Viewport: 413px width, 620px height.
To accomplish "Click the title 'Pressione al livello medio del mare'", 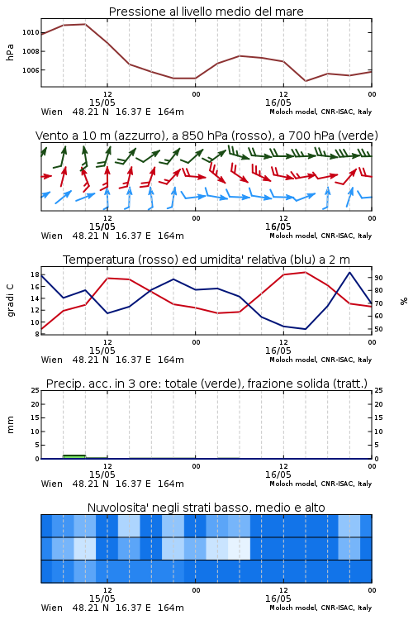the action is (206, 12).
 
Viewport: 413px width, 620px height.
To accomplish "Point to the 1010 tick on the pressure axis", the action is (31, 32).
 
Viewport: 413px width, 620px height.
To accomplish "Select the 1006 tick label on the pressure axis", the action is (31, 70).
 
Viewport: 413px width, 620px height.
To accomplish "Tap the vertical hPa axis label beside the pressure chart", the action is (10, 52).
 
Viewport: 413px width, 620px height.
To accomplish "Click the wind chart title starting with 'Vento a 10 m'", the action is (206, 136).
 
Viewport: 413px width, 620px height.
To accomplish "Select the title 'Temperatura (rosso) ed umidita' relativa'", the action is (206, 260).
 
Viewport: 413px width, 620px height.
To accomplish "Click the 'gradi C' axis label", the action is (11, 300).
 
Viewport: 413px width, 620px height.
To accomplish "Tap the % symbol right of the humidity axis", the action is (404, 301).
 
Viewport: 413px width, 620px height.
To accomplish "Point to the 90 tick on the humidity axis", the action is (378, 278).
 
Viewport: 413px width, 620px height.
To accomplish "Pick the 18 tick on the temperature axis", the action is (35, 274).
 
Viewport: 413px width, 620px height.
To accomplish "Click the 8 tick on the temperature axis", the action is (36, 334).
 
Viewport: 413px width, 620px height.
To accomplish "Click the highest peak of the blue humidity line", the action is (349, 272).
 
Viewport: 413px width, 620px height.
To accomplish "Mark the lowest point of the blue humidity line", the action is (305, 329).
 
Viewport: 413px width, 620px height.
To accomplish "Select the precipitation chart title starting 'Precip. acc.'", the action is (206, 384).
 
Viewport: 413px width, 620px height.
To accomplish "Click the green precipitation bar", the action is (74, 456).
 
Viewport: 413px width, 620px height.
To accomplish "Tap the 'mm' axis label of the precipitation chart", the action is (10, 425).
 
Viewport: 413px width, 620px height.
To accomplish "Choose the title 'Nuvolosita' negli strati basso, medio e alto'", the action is (206, 508).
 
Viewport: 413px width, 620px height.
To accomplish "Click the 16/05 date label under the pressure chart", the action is (278, 103).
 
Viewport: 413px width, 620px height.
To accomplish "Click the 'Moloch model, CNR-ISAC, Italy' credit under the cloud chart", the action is (320, 608).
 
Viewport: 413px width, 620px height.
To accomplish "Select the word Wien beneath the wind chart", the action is (52, 236).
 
